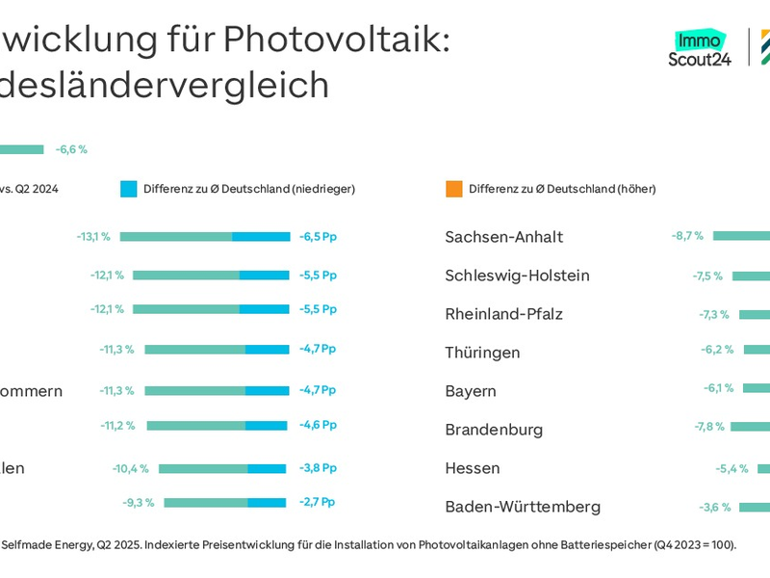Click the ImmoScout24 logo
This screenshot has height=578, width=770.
click(x=700, y=48)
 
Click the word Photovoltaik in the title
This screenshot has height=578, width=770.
click(x=336, y=39)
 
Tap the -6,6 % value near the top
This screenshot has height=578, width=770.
click(x=71, y=149)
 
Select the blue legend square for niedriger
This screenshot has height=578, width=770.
click(x=129, y=189)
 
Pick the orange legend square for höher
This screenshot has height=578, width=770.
click(x=454, y=189)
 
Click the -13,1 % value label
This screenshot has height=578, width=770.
click(x=93, y=236)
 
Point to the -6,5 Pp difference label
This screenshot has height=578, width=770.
click(x=318, y=236)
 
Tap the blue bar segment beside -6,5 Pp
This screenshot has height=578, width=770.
click(x=261, y=236)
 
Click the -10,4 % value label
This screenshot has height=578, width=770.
click(x=130, y=468)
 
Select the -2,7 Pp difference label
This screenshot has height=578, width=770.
click(x=318, y=502)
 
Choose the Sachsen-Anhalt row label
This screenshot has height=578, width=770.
click(x=503, y=237)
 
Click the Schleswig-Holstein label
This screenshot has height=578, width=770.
click(x=517, y=276)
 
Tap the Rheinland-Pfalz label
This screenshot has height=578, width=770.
click(x=503, y=314)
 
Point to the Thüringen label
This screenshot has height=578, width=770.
click(x=482, y=353)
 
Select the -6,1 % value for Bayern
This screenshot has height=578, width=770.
click(x=718, y=387)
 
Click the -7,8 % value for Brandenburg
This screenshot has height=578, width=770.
click(x=709, y=426)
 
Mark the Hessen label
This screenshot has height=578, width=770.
click(x=472, y=468)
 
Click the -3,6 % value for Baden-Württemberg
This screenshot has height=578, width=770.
click(x=714, y=507)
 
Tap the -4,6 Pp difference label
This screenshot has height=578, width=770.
click(x=318, y=425)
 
